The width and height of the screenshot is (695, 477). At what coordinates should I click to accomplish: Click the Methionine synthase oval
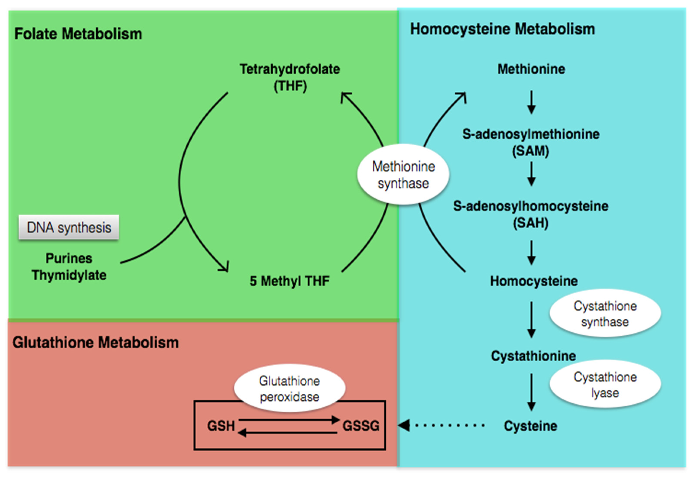pyautogui.click(x=403, y=175)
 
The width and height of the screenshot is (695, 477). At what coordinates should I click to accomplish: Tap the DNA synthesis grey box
pyautogui.click(x=69, y=228)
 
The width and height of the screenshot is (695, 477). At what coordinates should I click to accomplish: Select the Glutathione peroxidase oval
pyautogui.click(x=289, y=388)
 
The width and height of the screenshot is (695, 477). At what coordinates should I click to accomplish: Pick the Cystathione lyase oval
pyautogui.click(x=605, y=385)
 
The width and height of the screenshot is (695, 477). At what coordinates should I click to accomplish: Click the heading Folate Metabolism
pyautogui.click(x=78, y=34)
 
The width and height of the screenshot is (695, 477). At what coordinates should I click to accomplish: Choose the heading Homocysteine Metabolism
pyautogui.click(x=502, y=29)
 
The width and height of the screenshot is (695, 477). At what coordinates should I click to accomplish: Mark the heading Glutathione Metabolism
pyautogui.click(x=95, y=342)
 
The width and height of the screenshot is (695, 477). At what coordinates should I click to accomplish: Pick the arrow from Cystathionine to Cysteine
pyautogui.click(x=531, y=392)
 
